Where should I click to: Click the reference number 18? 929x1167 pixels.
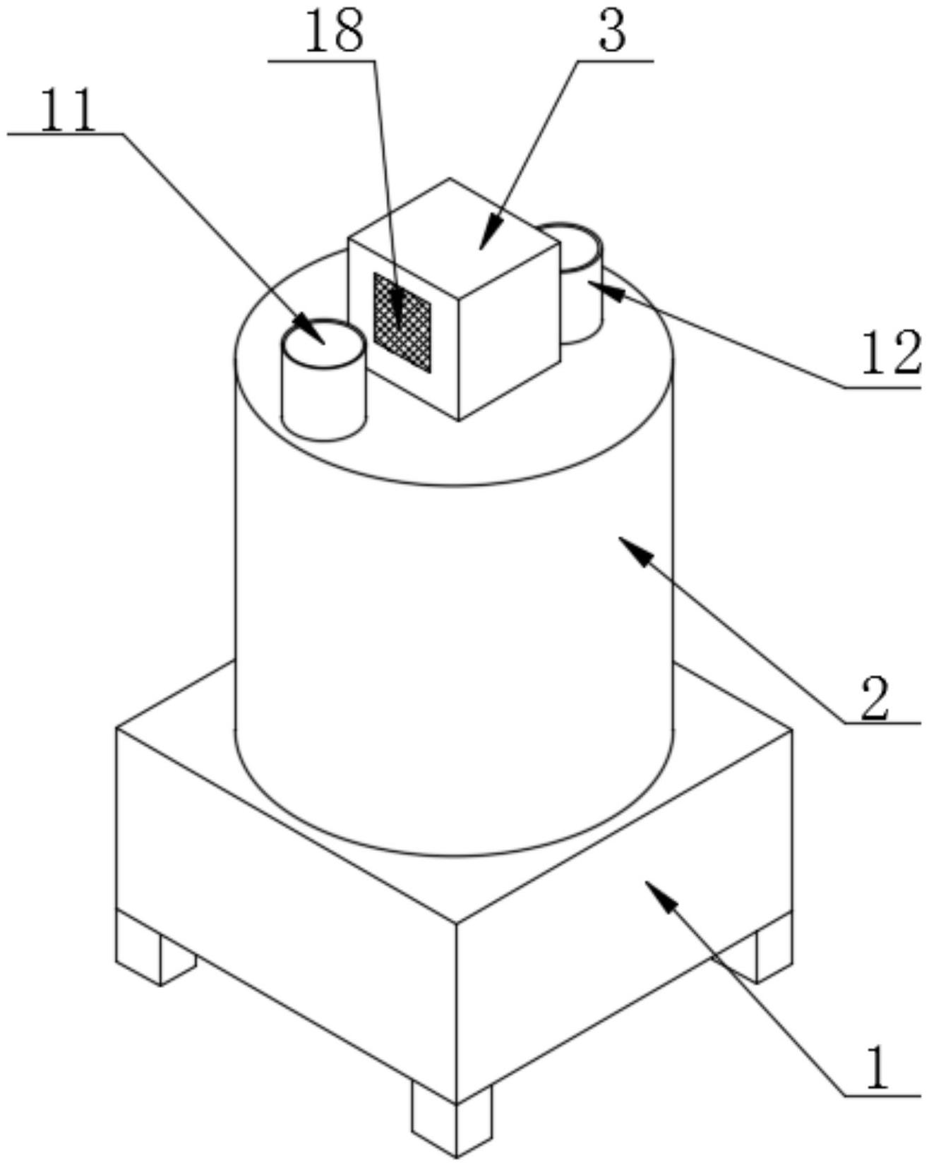(x=335, y=32)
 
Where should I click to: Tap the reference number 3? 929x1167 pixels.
(x=612, y=32)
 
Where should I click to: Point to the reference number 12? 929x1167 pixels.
(x=890, y=353)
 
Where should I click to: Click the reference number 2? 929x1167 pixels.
(x=875, y=698)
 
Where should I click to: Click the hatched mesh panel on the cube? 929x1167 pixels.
(x=402, y=322)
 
